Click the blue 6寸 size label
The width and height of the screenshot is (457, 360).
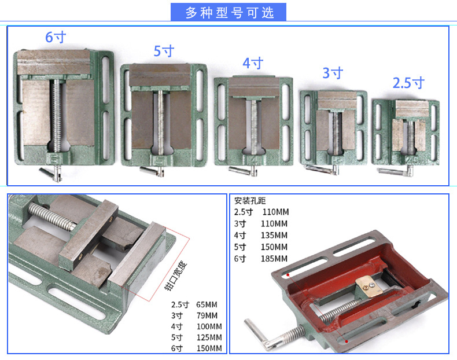point(56,38)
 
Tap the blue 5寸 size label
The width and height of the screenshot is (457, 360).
point(164,51)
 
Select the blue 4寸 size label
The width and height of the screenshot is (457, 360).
point(253,63)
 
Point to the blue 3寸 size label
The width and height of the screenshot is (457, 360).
point(333,73)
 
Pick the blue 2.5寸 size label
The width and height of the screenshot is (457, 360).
point(408,83)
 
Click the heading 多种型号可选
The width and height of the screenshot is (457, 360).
point(228,12)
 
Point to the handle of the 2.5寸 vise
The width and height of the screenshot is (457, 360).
point(393,171)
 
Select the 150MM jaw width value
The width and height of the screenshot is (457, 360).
point(209,348)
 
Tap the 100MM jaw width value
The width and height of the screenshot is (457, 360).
point(209,326)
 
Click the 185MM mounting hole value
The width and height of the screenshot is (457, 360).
point(274,258)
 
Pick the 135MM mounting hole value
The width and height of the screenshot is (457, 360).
point(274,235)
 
